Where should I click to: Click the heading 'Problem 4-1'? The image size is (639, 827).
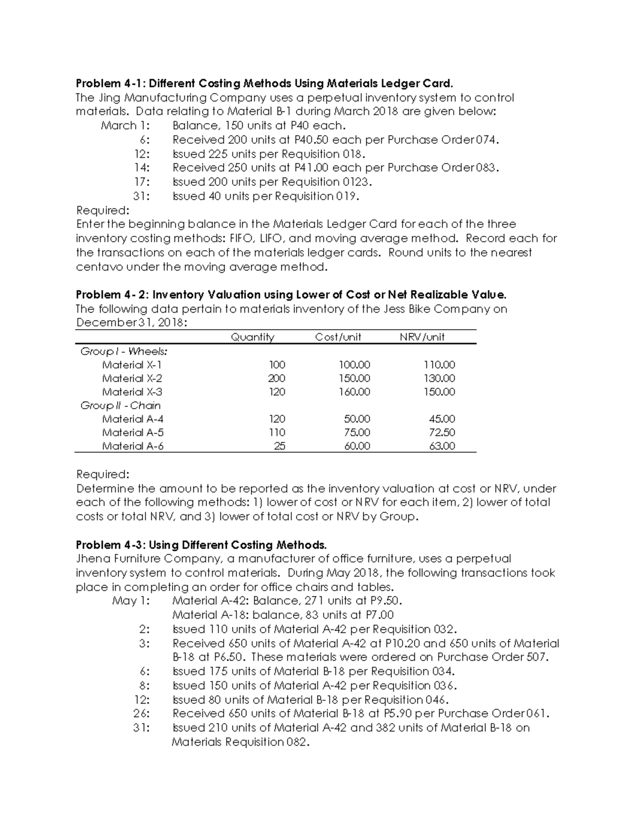pos(111,84)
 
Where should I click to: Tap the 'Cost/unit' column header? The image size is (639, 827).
pos(338,337)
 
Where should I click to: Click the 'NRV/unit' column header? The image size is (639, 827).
pos(422,337)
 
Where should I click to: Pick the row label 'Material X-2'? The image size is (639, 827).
pos(132,379)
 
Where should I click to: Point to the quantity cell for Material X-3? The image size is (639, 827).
pos(276,392)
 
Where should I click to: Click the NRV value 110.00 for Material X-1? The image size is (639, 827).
pos(439,365)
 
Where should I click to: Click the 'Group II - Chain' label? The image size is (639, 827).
pos(120,406)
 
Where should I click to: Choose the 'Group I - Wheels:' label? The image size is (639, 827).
pos(124,351)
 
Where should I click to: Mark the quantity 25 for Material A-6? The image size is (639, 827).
pos(279,446)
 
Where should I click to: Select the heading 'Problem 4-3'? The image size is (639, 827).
pos(111,545)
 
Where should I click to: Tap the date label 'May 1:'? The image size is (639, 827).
pos(131,601)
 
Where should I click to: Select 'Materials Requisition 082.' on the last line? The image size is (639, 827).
pos(240,742)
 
